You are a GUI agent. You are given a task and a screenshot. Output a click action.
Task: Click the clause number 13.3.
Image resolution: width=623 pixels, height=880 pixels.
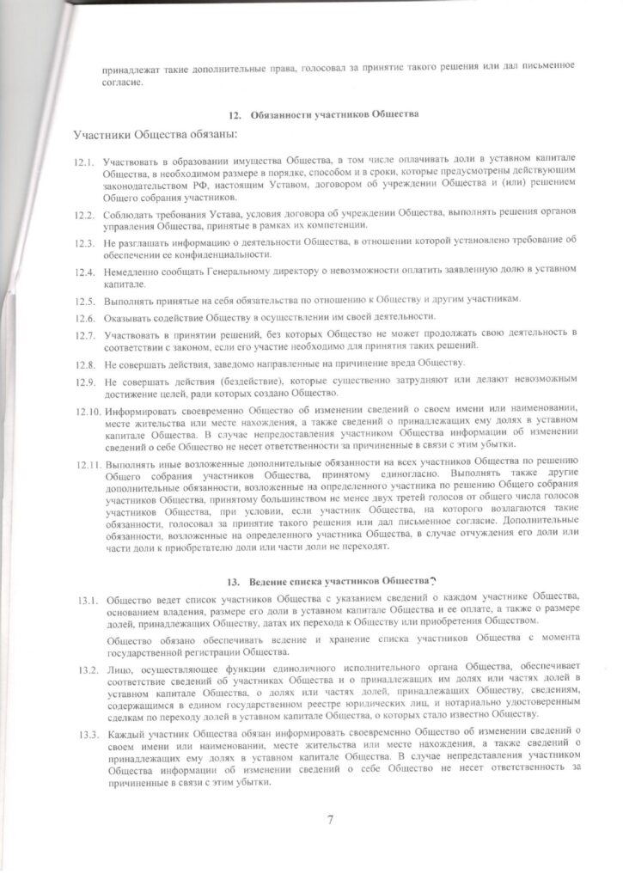pyautogui.click(x=83, y=736)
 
